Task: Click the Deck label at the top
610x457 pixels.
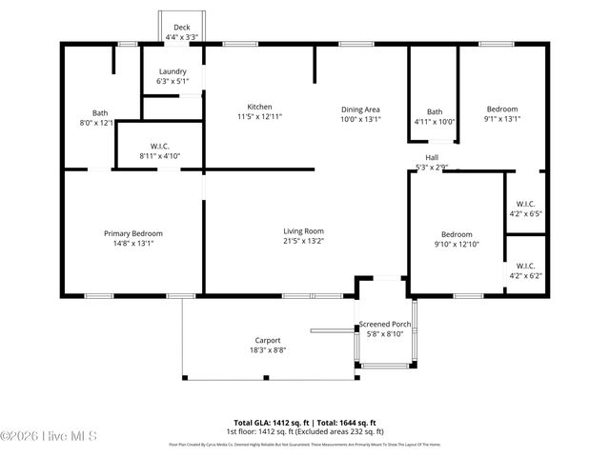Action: click(181, 28)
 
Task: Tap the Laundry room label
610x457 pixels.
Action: click(173, 71)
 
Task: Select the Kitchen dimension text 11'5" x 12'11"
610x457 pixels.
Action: click(259, 116)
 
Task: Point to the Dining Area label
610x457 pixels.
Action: click(360, 109)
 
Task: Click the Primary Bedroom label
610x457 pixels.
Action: click(132, 233)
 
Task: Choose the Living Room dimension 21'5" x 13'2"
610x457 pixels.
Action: click(304, 241)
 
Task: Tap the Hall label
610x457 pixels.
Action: click(432, 158)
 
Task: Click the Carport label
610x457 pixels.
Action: click(267, 340)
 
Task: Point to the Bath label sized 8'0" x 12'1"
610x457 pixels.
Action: click(100, 113)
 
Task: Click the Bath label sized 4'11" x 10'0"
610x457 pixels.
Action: click(435, 112)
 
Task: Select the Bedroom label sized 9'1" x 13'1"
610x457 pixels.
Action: click(502, 109)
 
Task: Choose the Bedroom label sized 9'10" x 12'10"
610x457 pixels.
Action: click(456, 234)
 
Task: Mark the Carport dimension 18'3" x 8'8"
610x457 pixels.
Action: click(267, 349)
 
